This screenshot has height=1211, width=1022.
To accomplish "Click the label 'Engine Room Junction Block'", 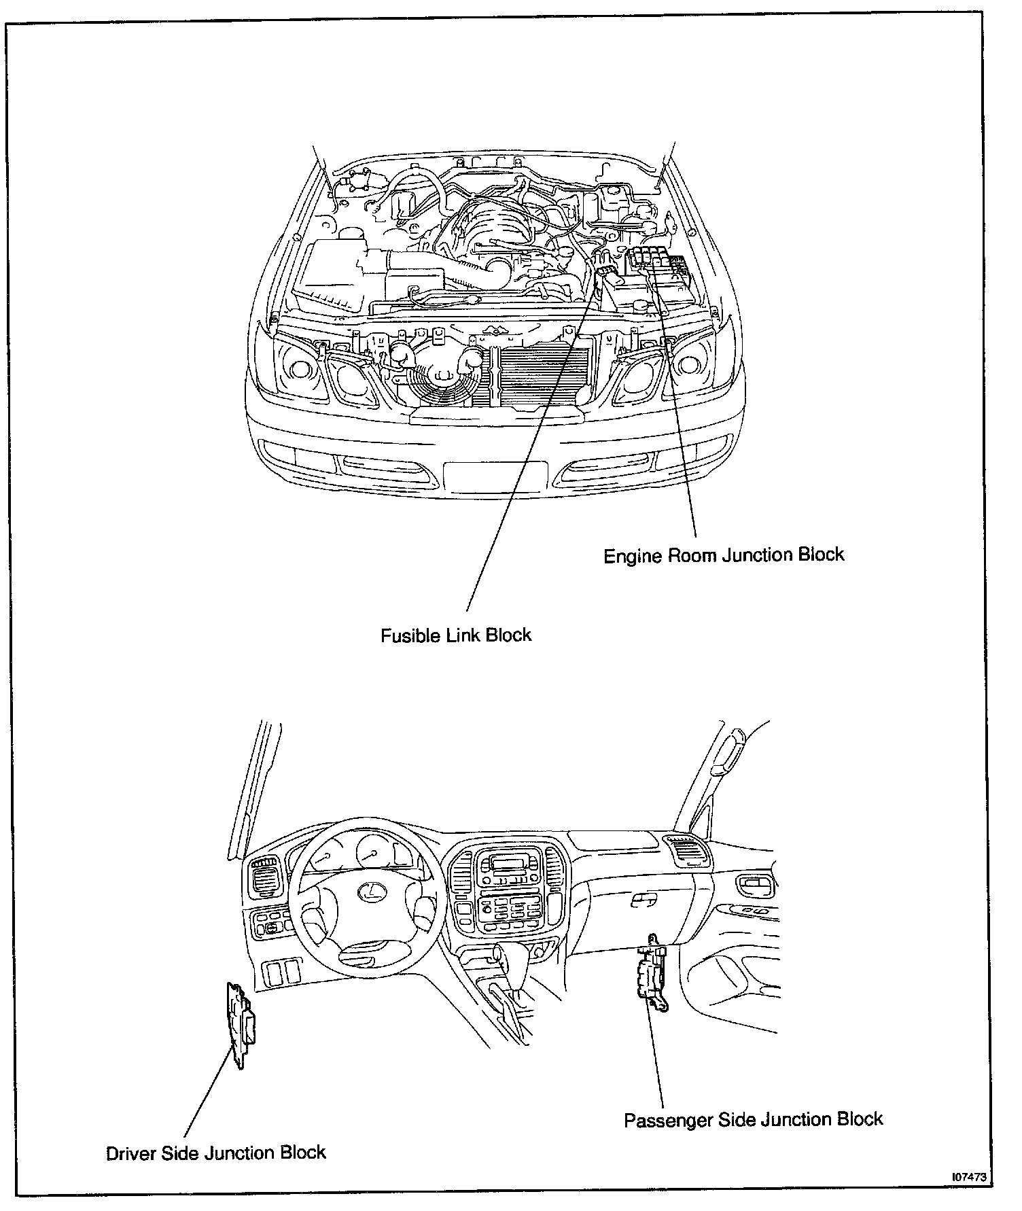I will point(724,555).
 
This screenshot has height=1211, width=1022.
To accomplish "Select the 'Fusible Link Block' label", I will point(455,635).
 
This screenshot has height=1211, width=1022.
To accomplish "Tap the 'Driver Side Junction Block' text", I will point(216,1153).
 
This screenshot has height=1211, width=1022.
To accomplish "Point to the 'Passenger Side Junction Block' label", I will point(754,1119).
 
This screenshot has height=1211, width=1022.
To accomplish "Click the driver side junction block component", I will point(239,1025).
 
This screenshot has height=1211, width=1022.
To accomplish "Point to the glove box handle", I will point(643,900).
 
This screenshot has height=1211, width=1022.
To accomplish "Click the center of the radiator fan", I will point(441,373).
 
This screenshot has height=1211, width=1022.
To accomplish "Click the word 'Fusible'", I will point(408,635).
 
